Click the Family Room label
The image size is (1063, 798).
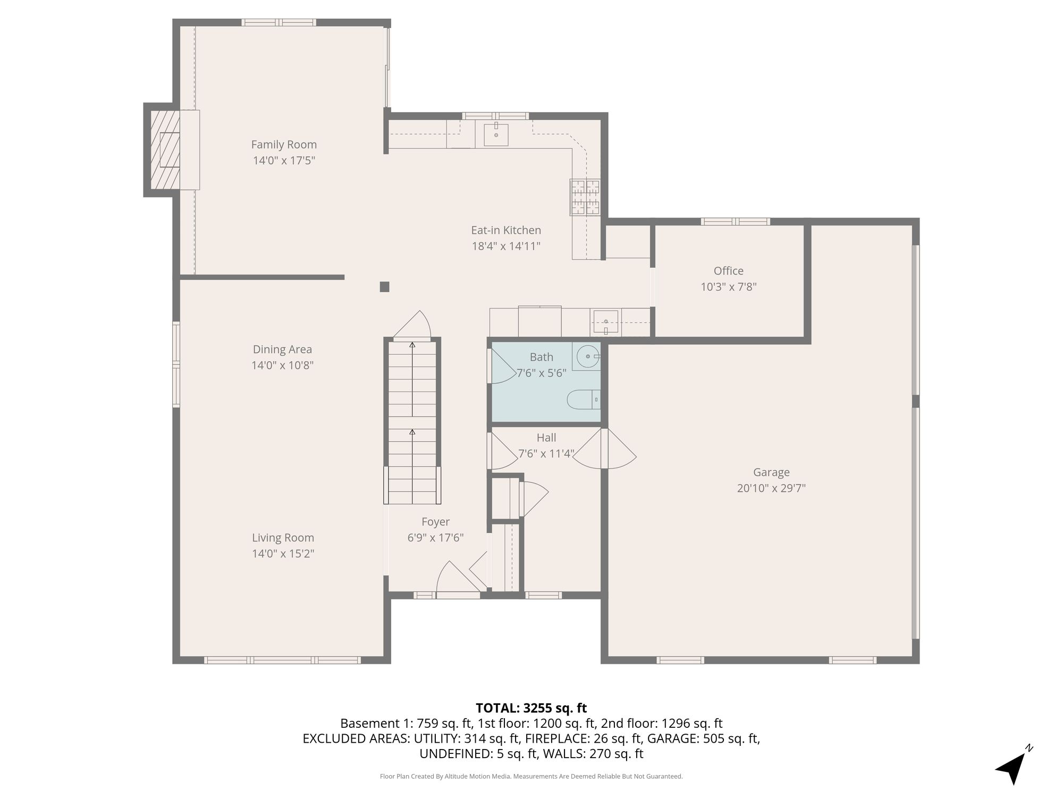tap(284, 145)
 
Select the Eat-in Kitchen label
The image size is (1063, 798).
tap(506, 230)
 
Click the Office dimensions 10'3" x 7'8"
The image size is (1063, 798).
tap(728, 287)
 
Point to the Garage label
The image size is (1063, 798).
tap(771, 472)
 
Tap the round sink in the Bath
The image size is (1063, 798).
tap(588, 356)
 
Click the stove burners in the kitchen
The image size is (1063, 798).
tap(585, 197)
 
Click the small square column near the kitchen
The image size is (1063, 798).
tap(384, 287)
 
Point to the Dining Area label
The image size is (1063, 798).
tap(282, 350)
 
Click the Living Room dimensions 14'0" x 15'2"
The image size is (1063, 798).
tap(283, 554)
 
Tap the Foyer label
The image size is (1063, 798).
tap(435, 522)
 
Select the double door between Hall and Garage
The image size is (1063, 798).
tap(604, 449)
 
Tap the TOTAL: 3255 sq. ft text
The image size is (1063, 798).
tap(531, 708)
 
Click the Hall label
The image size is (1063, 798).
tap(546, 438)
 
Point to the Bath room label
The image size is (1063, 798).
tap(541, 357)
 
